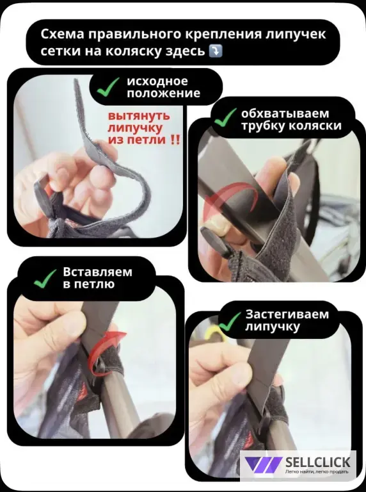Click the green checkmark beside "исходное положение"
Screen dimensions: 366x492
tap(107, 87)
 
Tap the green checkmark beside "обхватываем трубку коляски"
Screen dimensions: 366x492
tap(225, 118)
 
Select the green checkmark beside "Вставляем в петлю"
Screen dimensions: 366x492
tap(45, 279)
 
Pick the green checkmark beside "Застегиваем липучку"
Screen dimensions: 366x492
tap(230, 322)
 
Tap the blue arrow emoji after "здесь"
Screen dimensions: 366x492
tap(215, 51)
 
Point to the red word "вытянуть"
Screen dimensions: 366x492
tap(139, 116)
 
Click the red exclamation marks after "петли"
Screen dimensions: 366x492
tap(176, 139)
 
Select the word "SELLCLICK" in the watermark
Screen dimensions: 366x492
tap(317, 462)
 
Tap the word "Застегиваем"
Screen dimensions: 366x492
tap(287, 314)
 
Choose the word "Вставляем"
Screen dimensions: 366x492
tap(97, 272)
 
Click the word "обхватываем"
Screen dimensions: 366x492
tap(285, 113)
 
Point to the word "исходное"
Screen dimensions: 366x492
tap(157, 81)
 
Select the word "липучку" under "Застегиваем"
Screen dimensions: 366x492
tap(273, 327)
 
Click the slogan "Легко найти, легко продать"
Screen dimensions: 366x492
tap(317, 472)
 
